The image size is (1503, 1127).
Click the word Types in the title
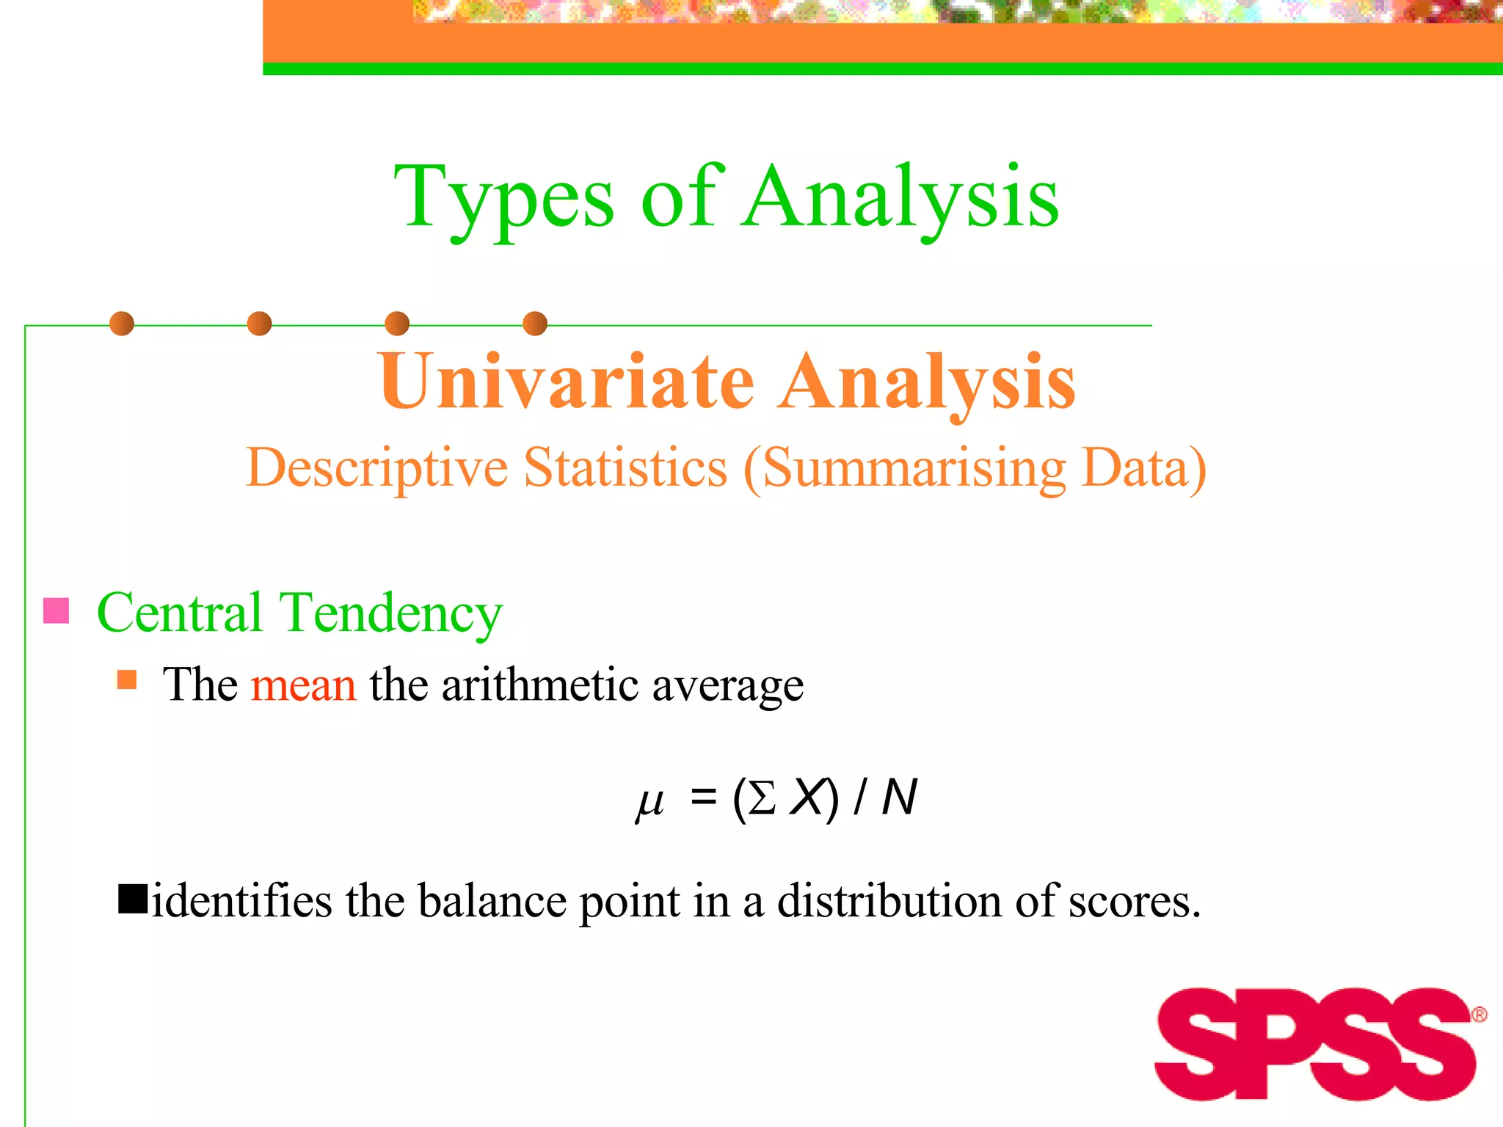[503, 198]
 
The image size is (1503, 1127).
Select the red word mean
[303, 685]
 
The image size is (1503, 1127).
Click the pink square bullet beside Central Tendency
[57, 610]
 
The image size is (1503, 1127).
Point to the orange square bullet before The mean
[127, 679]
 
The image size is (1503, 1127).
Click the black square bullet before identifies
[133, 899]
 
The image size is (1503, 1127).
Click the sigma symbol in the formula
[762, 798]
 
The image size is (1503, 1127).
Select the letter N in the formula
[899, 798]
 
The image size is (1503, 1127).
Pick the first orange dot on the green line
[122, 324]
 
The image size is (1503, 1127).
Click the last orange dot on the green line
[535, 324]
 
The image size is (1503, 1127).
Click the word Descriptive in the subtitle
[376, 467]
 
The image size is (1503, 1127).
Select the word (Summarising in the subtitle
[904, 469]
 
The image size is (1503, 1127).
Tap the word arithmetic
[539, 685]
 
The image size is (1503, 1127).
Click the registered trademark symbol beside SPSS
[1479, 1015]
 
